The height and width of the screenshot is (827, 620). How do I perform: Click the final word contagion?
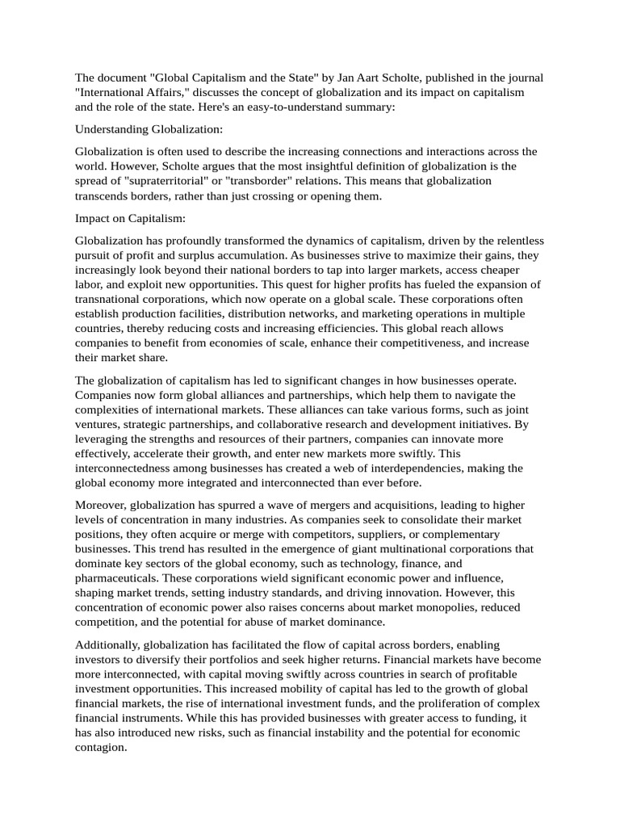[101, 748]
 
